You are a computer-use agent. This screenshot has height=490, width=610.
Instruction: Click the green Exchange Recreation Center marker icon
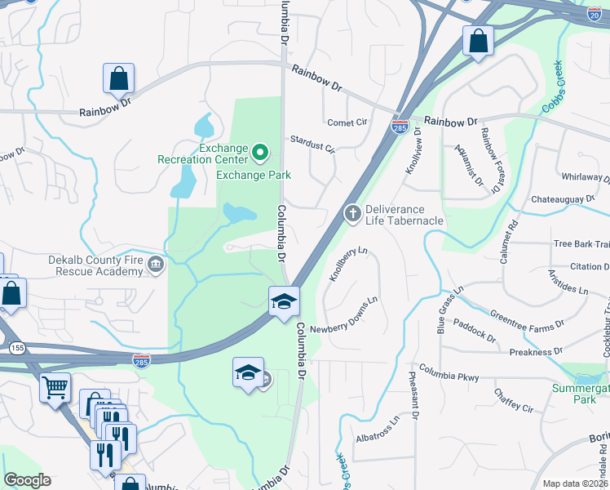tap(260, 152)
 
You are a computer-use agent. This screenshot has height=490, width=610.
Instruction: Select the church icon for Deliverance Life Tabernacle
tap(352, 213)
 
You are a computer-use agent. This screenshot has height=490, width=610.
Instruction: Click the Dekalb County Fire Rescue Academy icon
tap(156, 265)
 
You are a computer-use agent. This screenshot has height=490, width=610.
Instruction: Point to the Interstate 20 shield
tap(595, 14)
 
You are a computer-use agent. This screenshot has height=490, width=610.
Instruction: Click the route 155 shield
tap(15, 349)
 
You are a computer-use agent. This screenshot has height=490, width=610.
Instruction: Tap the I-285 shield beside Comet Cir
tap(400, 127)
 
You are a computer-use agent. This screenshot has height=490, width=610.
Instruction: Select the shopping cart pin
tap(55, 388)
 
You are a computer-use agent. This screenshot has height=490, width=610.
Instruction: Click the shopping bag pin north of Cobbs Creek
tap(477, 40)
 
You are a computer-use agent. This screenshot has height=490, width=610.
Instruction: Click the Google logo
tap(27, 480)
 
